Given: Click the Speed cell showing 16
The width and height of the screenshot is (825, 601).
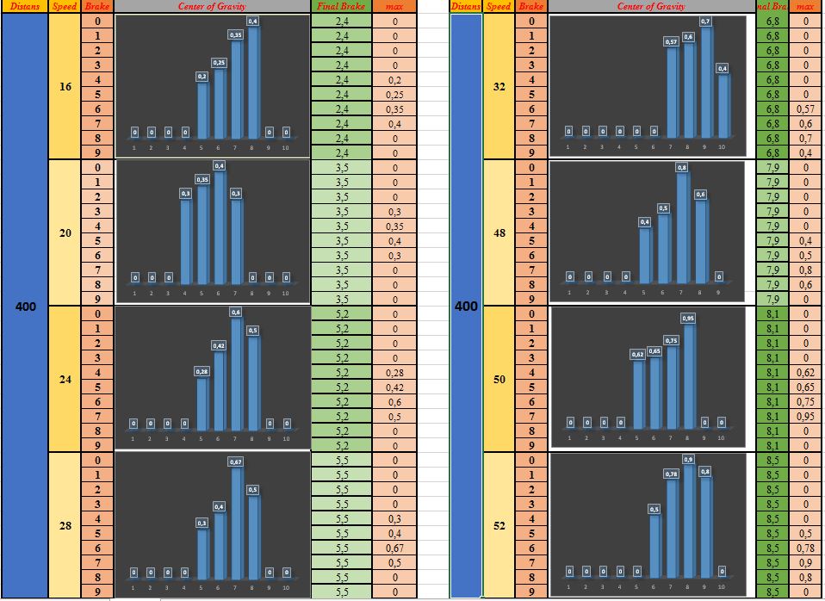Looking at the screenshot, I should tap(65, 86).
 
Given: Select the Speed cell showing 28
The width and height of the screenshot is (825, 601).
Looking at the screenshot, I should tap(65, 525).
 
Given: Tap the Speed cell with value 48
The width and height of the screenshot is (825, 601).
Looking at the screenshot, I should tap(499, 233).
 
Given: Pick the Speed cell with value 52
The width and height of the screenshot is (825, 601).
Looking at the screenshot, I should tap(499, 525).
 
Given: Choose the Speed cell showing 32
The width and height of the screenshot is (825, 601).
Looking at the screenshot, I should tap(499, 86).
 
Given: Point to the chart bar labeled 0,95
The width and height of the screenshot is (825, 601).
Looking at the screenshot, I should tap(688, 375).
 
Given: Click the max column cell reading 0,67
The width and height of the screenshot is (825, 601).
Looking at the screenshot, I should tap(394, 548).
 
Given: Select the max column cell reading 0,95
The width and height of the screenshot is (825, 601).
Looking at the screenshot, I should tap(806, 417).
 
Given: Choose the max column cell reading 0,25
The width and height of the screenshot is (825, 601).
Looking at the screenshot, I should tap(394, 95).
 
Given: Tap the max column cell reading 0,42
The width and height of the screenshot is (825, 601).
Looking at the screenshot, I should tap(394, 387).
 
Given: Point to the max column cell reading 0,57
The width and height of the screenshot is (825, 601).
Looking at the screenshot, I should tap(806, 109).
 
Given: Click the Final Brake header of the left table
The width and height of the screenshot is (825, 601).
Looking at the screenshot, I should tap(341, 6).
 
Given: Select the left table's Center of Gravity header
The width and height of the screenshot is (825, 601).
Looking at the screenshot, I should tap(213, 6).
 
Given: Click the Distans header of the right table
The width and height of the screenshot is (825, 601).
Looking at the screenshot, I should tap(466, 6).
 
